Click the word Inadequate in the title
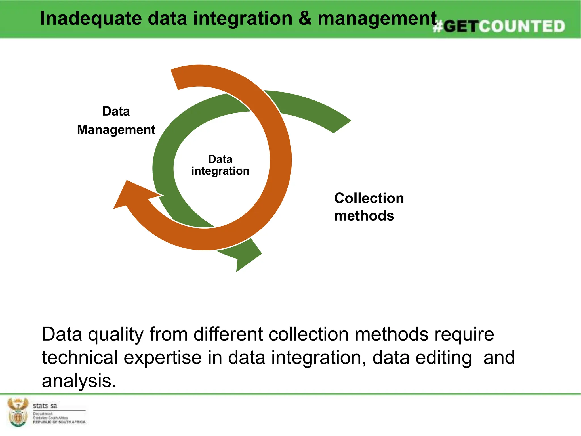tap(91, 18)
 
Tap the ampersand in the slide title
tap(305, 18)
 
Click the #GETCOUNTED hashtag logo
tap(499, 26)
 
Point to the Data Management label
tap(116, 121)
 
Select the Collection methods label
tap(369, 207)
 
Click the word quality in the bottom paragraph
tap(115, 334)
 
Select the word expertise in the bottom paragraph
tap(163, 358)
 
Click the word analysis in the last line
tap(79, 381)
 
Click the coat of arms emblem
tap(18, 412)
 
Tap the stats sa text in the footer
tap(45, 406)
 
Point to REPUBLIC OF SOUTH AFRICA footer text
tap(59, 422)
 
